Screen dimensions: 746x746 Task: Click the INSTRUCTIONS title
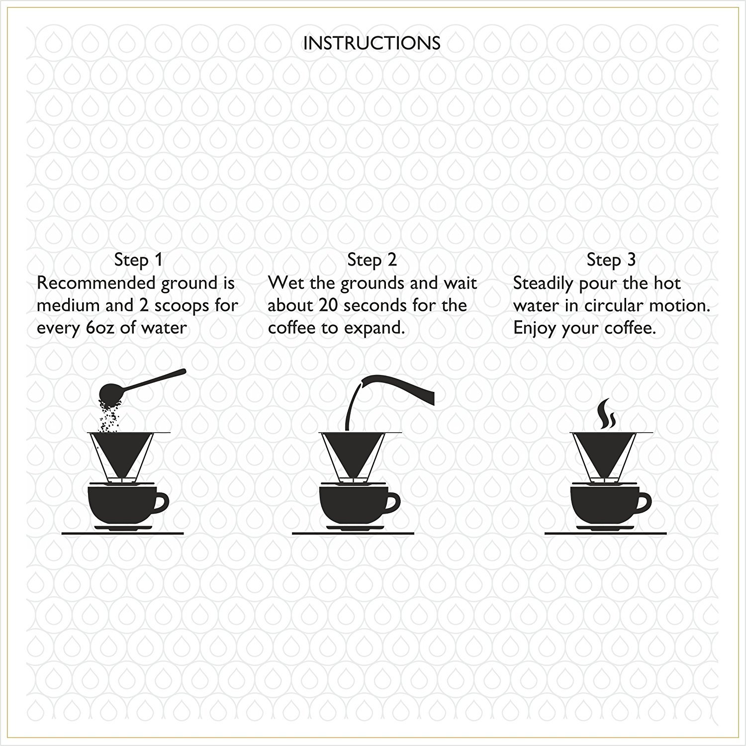372,43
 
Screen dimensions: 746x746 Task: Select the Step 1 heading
138,260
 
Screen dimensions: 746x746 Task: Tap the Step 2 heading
372,260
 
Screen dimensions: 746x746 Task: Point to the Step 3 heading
611,260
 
